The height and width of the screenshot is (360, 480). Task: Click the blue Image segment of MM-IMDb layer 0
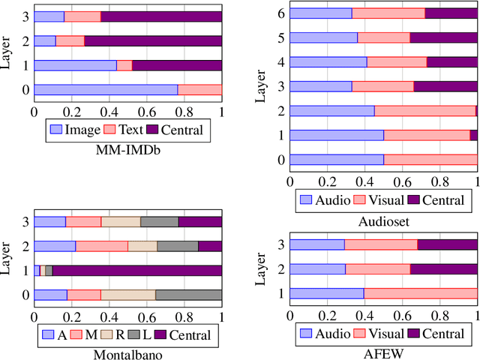point(106,90)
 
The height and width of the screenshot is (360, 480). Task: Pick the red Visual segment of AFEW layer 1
point(421,293)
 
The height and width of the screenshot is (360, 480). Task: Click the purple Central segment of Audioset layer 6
point(451,13)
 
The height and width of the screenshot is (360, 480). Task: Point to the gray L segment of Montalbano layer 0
point(188,295)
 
